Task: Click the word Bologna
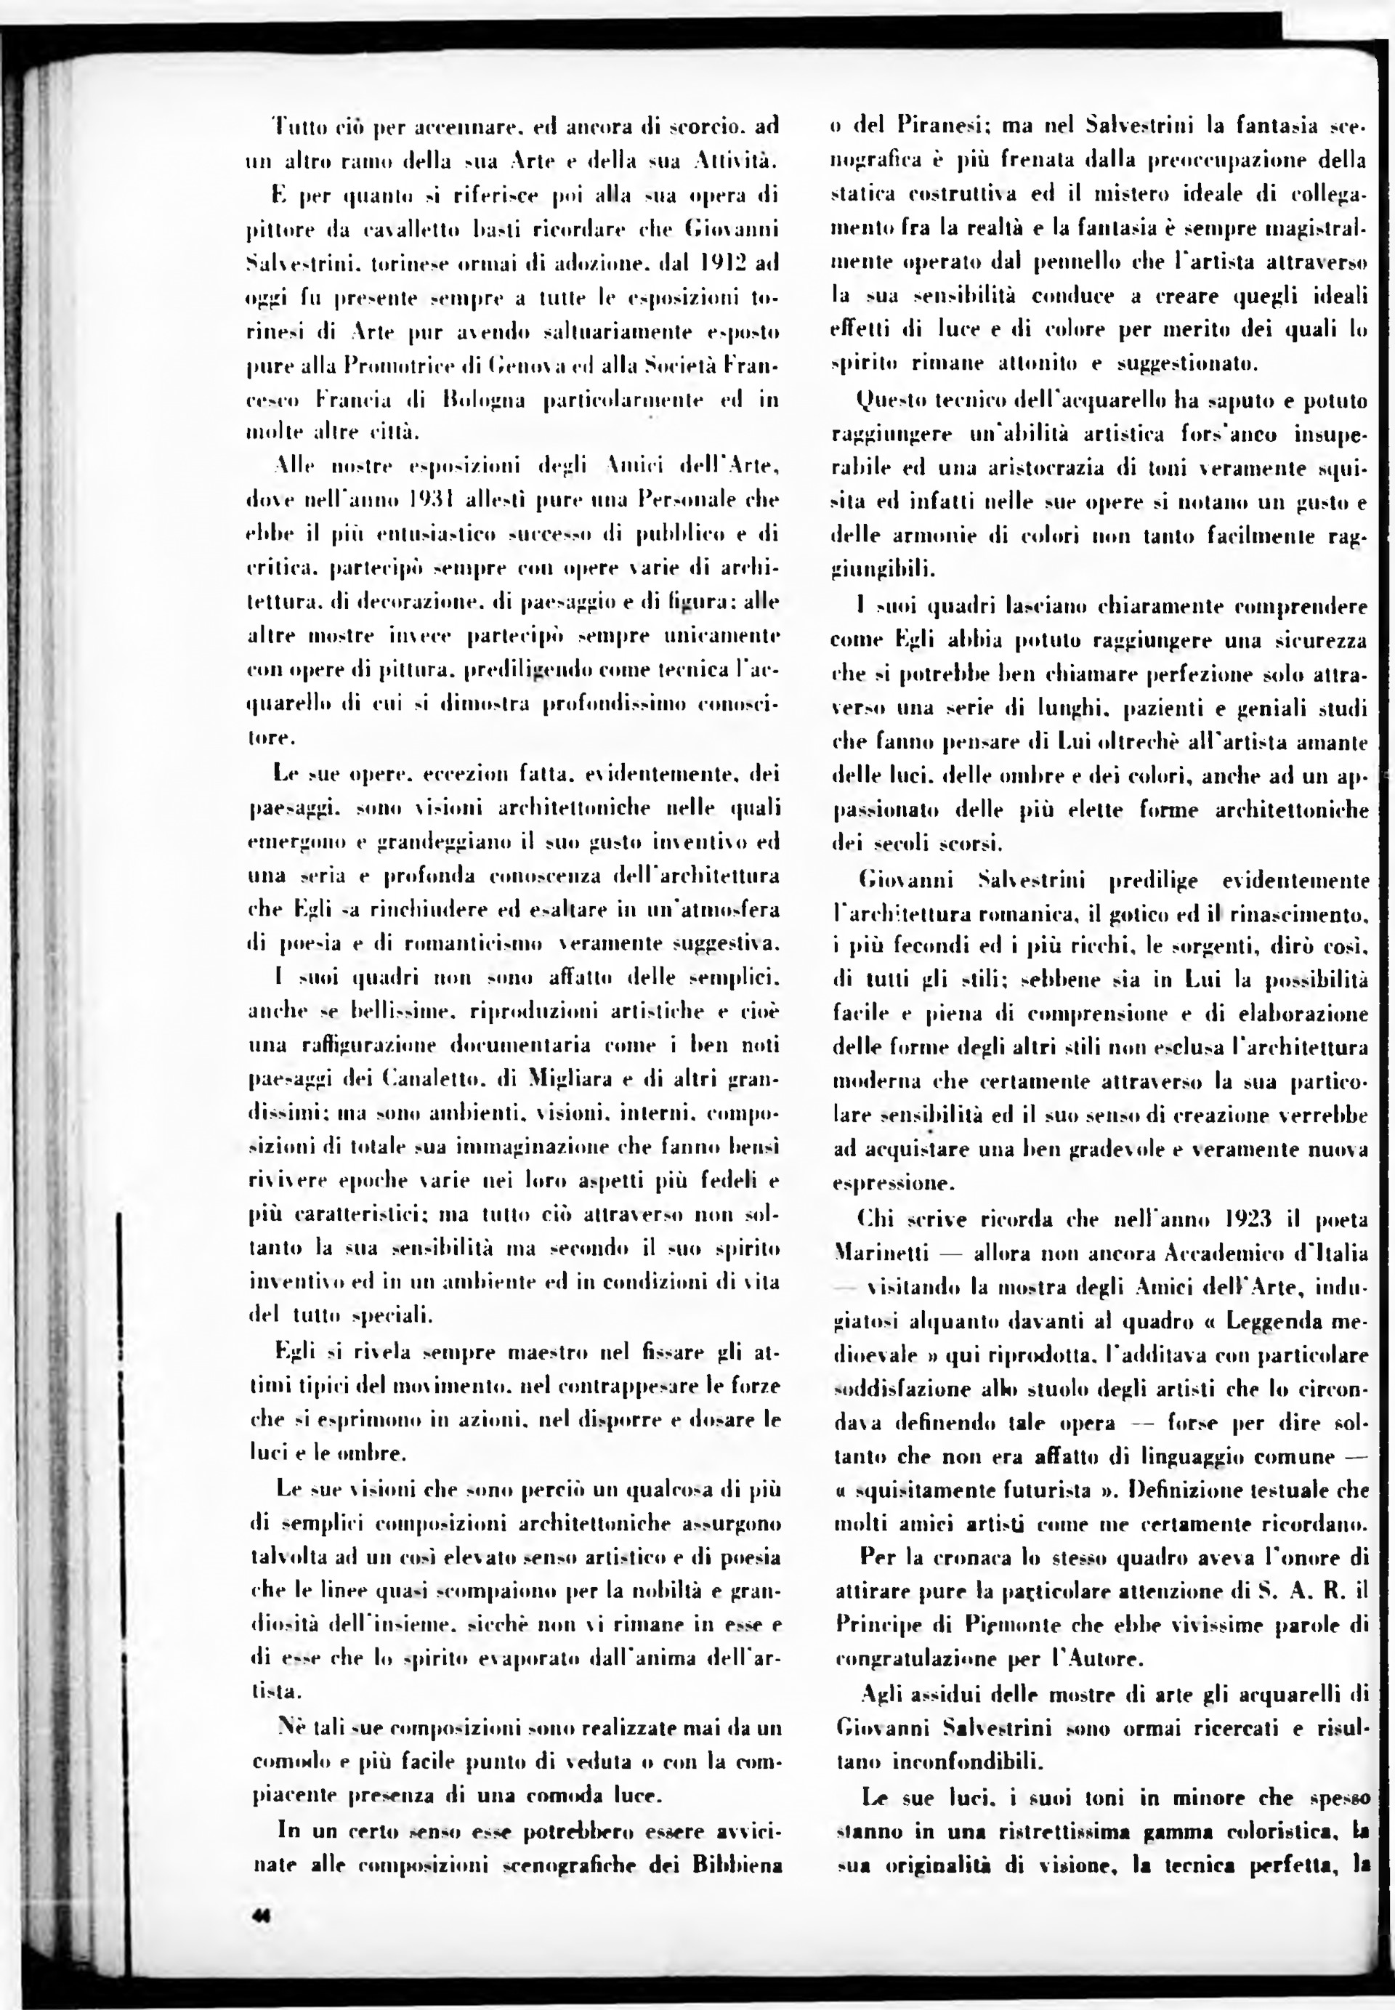pyautogui.click(x=482, y=400)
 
